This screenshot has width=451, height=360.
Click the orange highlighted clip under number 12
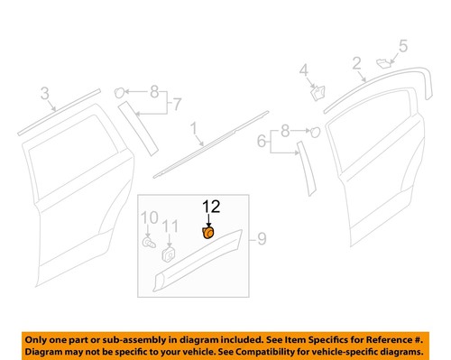click(207, 234)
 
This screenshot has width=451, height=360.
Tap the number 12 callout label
click(209, 207)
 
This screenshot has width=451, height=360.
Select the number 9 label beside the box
click(262, 239)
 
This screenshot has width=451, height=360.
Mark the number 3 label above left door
click(43, 93)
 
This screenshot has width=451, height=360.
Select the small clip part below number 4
click(316, 90)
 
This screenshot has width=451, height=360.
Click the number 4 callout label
click(304, 69)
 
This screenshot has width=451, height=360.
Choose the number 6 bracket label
click(262, 142)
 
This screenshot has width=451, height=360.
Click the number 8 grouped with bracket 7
click(154, 91)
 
